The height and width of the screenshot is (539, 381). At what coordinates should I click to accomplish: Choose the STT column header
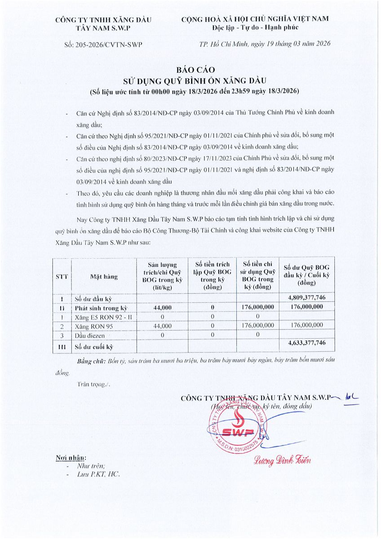(62, 277)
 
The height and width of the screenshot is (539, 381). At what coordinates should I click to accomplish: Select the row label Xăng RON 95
(93, 326)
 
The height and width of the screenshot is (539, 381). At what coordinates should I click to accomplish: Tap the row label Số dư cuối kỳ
(94, 346)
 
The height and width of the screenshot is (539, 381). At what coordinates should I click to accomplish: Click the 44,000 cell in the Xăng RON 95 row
(163, 326)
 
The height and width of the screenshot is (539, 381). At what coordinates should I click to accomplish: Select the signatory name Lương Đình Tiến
(282, 460)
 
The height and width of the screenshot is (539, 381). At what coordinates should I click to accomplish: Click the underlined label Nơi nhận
(71, 458)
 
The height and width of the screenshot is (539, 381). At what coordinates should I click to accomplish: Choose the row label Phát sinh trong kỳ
(102, 308)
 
